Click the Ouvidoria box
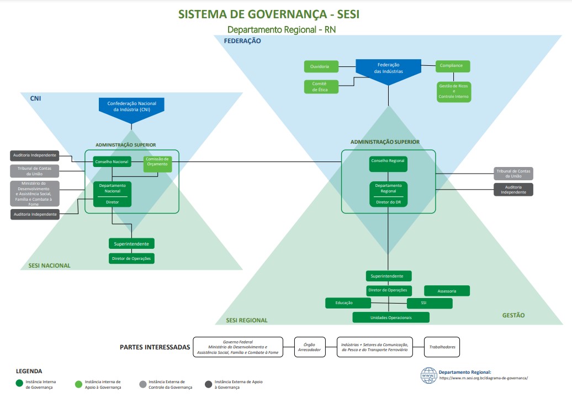coord(321,66)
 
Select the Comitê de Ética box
coord(321,87)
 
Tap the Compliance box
coord(453,66)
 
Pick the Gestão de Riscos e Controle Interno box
coord(454,91)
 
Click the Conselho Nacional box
coord(112,161)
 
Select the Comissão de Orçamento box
coord(157,164)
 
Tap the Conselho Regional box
coord(388,164)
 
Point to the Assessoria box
coord(447,291)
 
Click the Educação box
coord(348,303)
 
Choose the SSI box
coord(430,303)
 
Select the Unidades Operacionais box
coord(391,317)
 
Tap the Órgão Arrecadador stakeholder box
coord(310,347)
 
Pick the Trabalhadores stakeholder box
coord(442,347)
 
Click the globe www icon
coord(428,375)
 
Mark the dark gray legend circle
coord(208,384)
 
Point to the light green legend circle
coord(78,384)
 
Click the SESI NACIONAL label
coord(50,265)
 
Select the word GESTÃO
coord(513,315)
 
